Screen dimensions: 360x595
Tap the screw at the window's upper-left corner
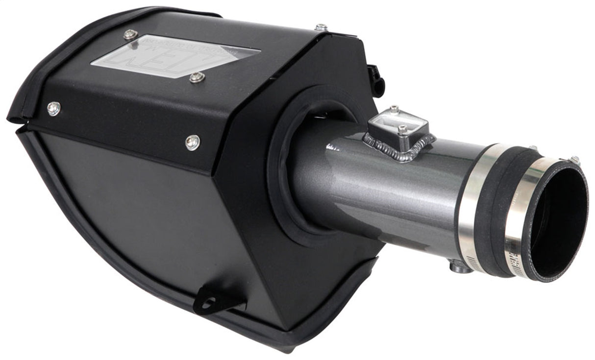130,34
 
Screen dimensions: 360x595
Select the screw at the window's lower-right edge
197,77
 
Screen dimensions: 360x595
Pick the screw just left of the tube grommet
193,142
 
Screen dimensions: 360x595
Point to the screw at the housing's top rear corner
321,27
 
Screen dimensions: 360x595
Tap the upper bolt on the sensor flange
394,109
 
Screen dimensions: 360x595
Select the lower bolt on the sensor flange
402,130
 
